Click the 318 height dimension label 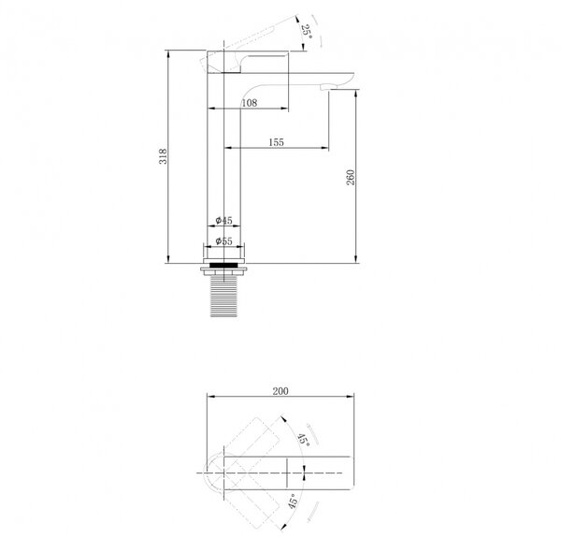(163, 156)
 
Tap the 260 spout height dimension (351, 177)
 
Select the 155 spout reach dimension (276, 142)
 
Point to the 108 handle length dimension (250, 103)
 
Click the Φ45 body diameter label (224, 221)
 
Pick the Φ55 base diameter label (224, 241)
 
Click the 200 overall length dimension (280, 391)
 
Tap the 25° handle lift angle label (307, 32)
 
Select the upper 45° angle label (304, 439)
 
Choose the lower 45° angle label (293, 502)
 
